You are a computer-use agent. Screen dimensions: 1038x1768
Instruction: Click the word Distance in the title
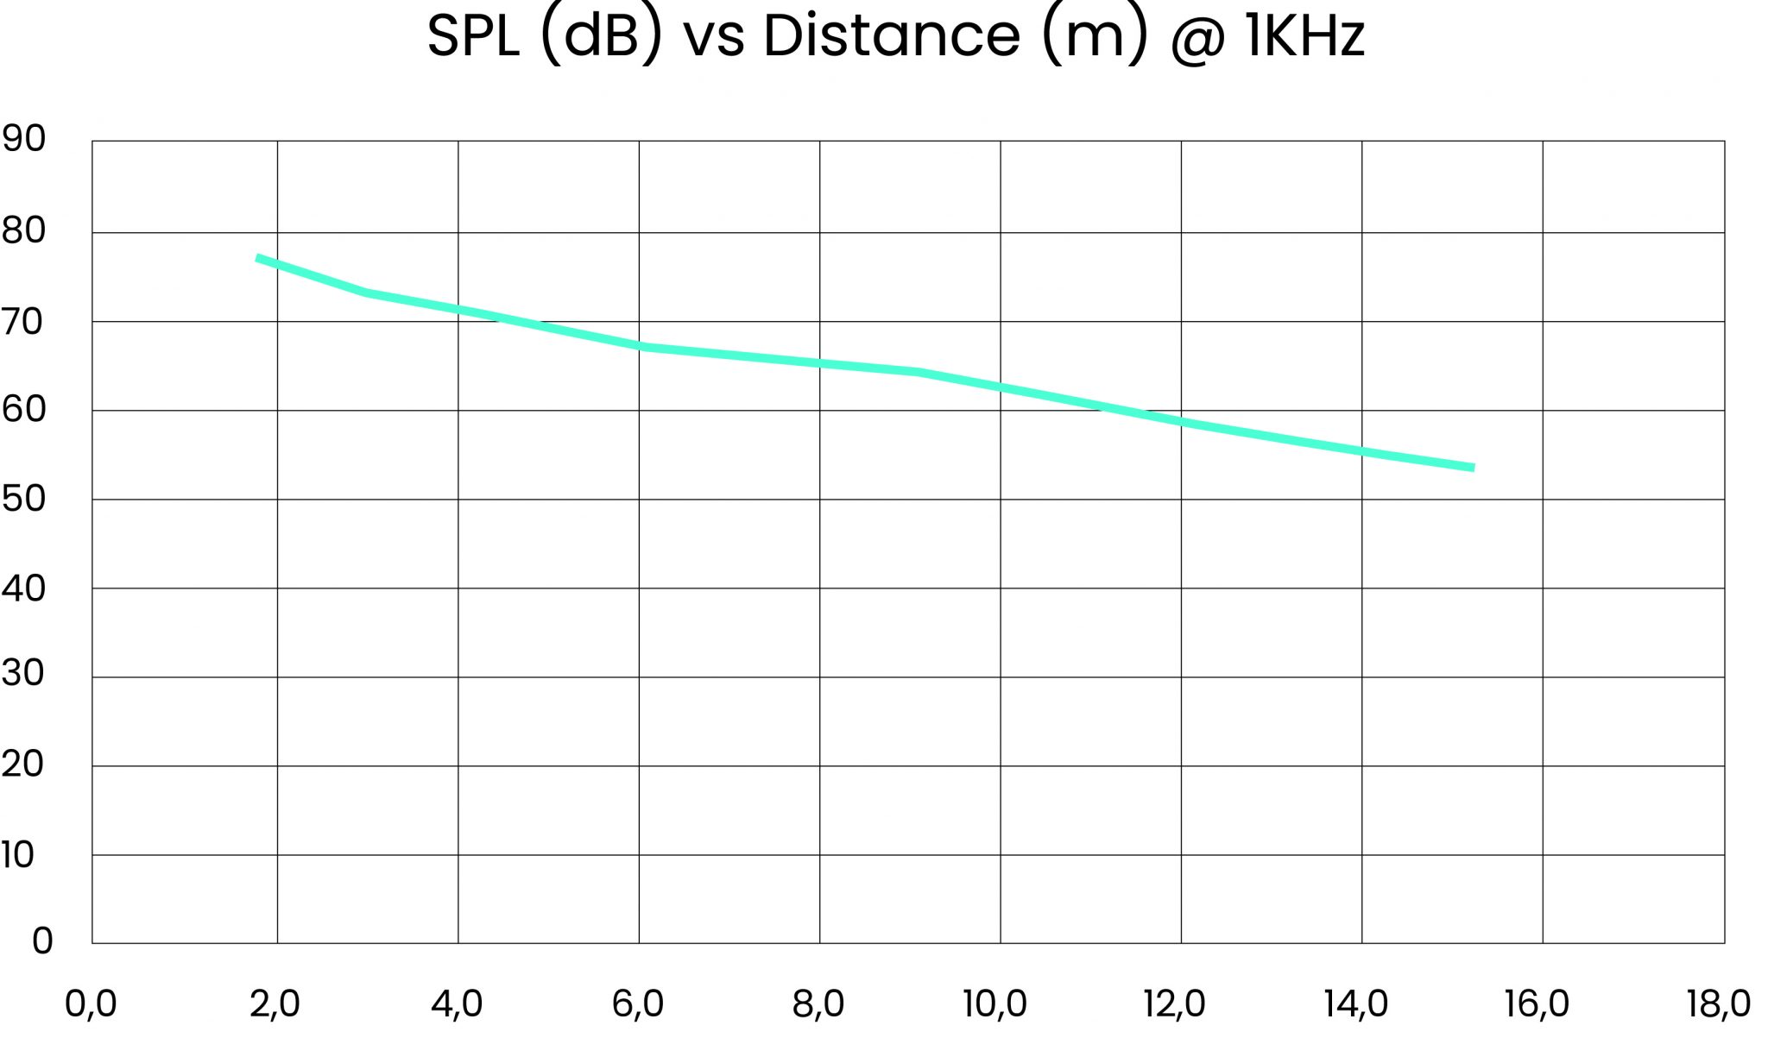click(x=891, y=36)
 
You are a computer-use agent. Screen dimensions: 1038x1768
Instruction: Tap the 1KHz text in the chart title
click(x=1304, y=36)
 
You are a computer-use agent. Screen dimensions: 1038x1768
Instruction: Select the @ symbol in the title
click(x=1197, y=38)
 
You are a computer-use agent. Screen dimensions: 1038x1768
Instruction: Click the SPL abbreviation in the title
click(x=473, y=36)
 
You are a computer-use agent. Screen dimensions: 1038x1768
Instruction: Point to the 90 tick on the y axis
click(x=22, y=139)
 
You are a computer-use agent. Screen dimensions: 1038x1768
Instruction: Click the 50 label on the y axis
click(x=22, y=499)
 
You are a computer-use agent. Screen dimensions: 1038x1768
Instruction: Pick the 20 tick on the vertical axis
click(x=22, y=764)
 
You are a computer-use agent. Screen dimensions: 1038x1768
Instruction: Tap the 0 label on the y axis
click(x=41, y=941)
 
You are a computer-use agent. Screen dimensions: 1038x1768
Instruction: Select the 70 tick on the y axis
click(x=22, y=322)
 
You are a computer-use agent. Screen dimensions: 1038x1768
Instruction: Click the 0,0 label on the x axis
click(x=91, y=1004)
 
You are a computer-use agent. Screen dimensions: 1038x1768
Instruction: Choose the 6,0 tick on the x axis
click(x=638, y=1004)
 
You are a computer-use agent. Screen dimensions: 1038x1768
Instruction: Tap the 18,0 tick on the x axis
click(x=1719, y=1004)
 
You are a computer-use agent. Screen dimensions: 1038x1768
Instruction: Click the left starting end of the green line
click(x=257, y=258)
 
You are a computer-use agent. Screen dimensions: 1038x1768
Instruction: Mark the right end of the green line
click(x=1473, y=468)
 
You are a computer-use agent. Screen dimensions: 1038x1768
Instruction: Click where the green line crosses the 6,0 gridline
click(x=639, y=347)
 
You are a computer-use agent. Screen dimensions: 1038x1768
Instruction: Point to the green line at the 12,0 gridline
click(x=1181, y=423)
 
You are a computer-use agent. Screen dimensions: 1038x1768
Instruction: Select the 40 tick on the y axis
click(x=22, y=588)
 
